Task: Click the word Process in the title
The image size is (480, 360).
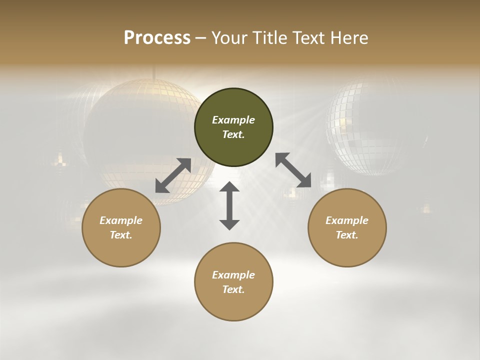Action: pos(157,38)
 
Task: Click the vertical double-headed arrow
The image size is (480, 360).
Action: pos(229,205)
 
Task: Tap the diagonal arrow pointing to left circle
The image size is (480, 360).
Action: pos(173,175)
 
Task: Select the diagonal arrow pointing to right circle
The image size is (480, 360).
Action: pos(293,170)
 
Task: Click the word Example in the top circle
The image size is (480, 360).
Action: pos(233,120)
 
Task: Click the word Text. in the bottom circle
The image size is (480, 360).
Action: pos(233,289)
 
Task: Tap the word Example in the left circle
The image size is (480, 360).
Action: pos(121,220)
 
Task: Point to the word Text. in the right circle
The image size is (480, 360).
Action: pos(347,235)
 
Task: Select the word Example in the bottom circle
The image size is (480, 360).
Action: pos(233,275)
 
